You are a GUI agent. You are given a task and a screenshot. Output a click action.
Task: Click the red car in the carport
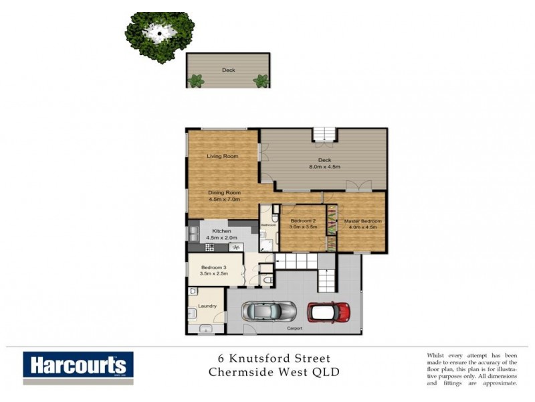(329, 312)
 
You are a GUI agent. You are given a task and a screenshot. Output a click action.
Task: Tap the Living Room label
(223, 156)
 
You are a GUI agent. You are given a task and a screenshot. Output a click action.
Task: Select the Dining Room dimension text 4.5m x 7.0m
(225, 199)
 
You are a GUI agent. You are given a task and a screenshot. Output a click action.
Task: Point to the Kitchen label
(221, 230)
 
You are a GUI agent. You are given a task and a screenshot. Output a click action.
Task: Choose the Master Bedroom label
(362, 220)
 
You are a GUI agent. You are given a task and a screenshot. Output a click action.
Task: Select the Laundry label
(207, 306)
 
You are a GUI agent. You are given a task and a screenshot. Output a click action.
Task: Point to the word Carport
(295, 328)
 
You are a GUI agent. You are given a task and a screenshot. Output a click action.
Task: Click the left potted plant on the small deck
(196, 81)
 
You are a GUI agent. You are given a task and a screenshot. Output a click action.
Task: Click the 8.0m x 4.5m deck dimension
(324, 167)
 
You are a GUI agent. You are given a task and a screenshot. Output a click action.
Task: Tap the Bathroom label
(269, 224)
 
